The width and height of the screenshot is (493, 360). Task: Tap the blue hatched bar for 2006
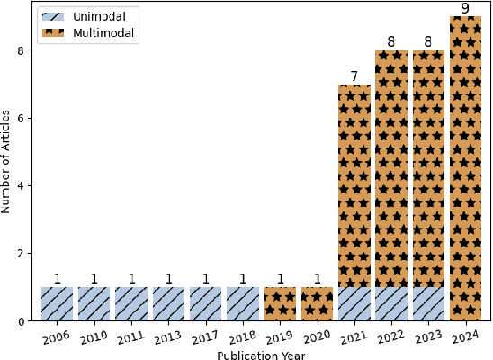[x=57, y=304]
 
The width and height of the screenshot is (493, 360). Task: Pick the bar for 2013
[x=168, y=304]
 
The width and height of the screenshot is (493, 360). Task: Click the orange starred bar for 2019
[x=280, y=304]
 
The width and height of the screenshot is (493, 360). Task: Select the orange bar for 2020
[x=317, y=304]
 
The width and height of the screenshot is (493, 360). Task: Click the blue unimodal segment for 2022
[x=391, y=304]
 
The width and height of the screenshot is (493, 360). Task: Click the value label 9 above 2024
[x=465, y=9]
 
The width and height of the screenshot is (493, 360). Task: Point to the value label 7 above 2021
[x=354, y=76]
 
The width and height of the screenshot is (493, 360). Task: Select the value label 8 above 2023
[x=428, y=42]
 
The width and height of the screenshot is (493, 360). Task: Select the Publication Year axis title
[x=261, y=354]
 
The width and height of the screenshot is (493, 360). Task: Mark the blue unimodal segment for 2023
[x=428, y=304]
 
